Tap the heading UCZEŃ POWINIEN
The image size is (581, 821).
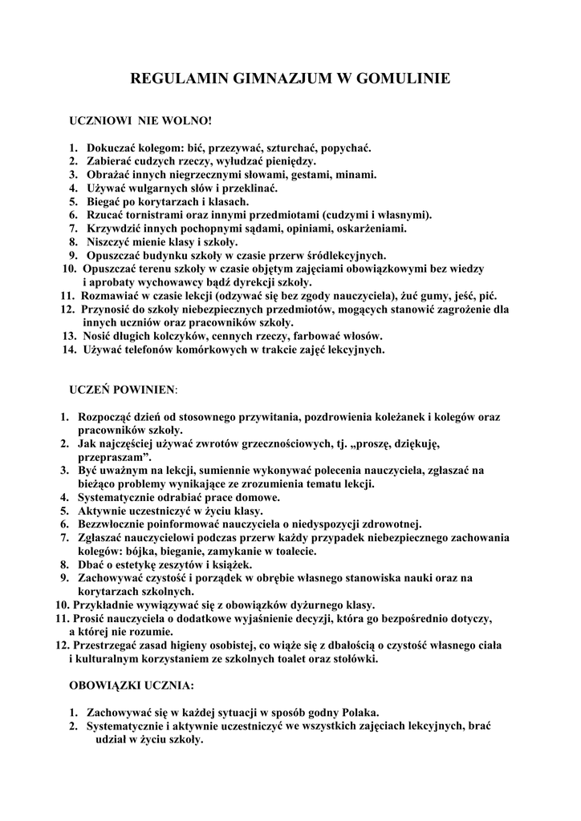122,390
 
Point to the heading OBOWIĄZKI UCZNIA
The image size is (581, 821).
132,686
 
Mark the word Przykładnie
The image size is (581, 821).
103,605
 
